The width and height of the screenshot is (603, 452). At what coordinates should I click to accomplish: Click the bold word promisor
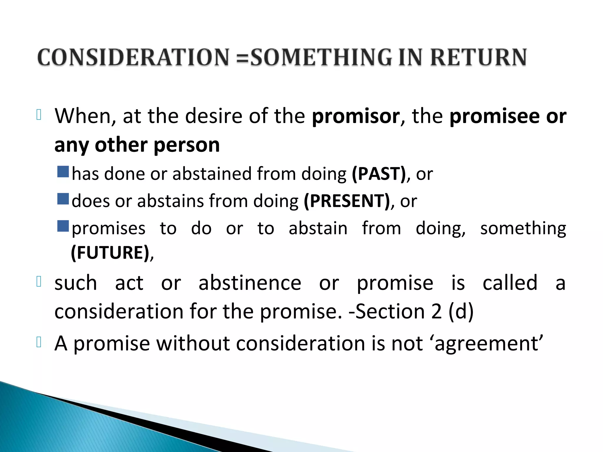pos(356,116)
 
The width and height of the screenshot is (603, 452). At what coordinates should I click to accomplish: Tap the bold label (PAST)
pos(379,174)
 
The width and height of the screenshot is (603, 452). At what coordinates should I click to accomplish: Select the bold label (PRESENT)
pos(347,201)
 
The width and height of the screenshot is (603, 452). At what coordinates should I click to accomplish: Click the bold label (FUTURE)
pos(110,252)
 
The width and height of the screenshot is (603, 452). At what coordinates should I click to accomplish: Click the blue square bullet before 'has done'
pos(63,172)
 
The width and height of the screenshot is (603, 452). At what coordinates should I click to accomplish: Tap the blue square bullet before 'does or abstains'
pos(63,199)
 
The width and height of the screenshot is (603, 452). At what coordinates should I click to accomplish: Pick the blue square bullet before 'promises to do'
pos(63,226)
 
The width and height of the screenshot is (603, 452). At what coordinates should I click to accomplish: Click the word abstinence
pos(250,283)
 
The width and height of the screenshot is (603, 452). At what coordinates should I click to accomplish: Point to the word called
pos(510,283)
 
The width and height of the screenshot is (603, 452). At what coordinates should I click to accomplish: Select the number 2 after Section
pos(436,311)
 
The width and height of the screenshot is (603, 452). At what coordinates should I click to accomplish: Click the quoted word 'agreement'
pos(488,344)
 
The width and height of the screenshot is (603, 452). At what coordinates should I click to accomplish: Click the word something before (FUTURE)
pos(523,228)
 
